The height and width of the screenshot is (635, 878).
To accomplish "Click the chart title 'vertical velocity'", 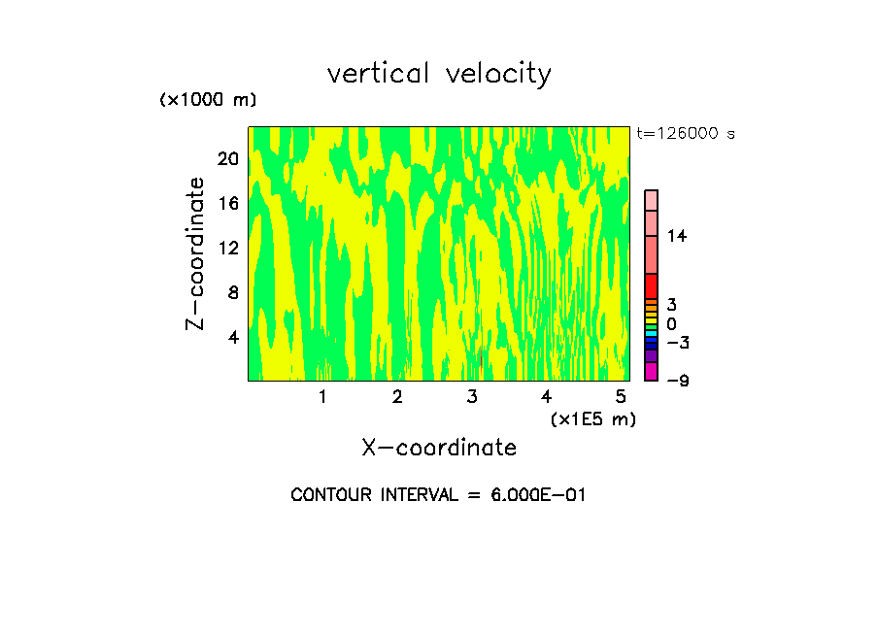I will point(439,74).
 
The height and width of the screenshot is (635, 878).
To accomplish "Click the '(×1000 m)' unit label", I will point(207,100).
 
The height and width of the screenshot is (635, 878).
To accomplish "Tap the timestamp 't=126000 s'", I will point(685,134).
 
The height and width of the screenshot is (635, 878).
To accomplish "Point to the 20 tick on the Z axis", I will point(227,158).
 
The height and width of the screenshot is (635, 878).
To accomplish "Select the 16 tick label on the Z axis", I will point(227,203).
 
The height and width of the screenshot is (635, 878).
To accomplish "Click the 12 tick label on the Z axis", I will point(227,248).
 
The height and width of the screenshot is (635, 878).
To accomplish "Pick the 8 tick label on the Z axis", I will point(232,292).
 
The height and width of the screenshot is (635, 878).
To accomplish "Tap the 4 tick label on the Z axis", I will point(232,337).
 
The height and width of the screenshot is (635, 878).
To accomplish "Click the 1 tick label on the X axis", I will point(322,397).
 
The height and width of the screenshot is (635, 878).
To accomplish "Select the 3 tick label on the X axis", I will point(471,397).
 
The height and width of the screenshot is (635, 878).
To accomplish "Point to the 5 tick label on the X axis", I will point(621,397).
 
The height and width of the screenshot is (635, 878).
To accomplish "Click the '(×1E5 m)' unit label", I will point(592,418).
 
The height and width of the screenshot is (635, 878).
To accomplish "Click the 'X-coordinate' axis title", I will point(439,448).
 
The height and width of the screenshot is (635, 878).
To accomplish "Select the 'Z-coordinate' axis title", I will point(196,253).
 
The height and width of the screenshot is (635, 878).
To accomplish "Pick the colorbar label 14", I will point(677,236).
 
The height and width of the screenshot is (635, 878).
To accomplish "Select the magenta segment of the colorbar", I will point(651,371).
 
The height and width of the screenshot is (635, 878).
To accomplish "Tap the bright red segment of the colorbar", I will point(651,286).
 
